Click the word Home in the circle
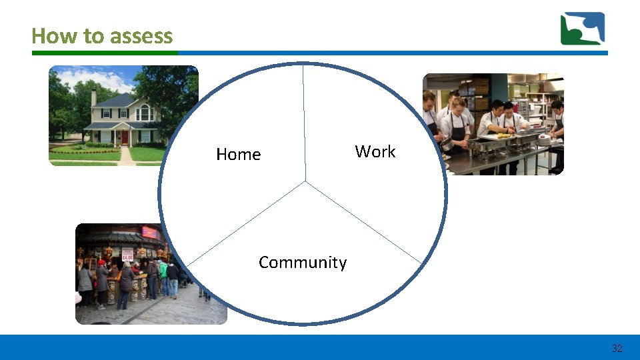pos(238,155)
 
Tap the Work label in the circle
pos(375,152)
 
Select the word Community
pos(302,263)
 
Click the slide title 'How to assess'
pos(102,35)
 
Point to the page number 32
pos(617,348)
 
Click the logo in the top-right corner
pos(582,29)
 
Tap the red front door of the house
pos(125,137)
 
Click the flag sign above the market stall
pos(150,233)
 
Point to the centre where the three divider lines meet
pos(306,181)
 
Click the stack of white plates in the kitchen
pos(544,139)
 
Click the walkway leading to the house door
pos(126,156)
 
